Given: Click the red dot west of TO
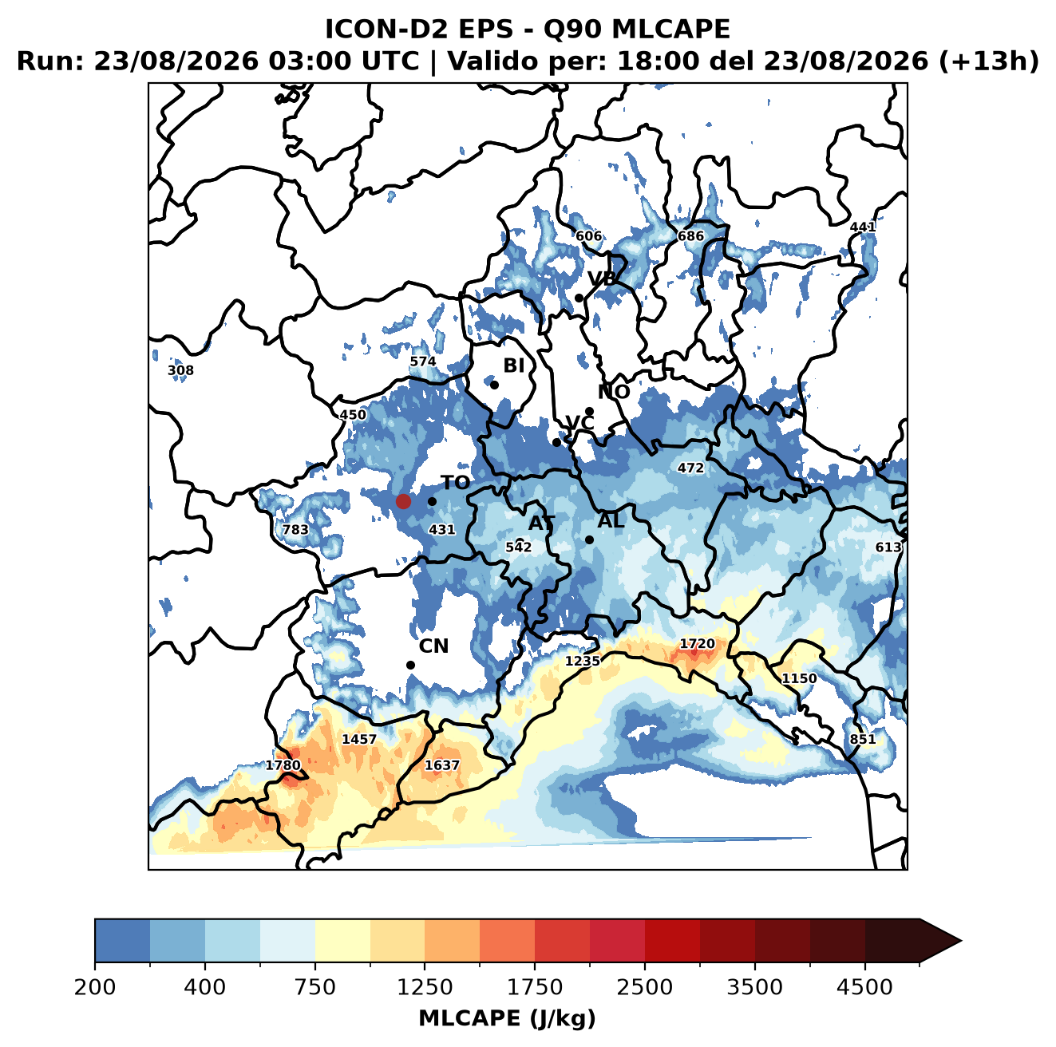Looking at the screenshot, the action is pyautogui.click(x=403, y=501).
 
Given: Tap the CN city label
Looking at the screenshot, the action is pyautogui.click(x=433, y=646).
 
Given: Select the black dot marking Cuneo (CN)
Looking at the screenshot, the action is pyautogui.click(x=410, y=665).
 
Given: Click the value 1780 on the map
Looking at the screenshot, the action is pyautogui.click(x=283, y=765).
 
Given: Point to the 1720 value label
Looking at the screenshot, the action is pyautogui.click(x=697, y=643).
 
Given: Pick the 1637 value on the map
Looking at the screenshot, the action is pyautogui.click(x=441, y=765).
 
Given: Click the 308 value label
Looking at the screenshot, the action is pyautogui.click(x=180, y=370).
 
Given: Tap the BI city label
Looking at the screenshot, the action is pyautogui.click(x=513, y=365).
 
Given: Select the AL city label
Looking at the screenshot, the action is pyautogui.click(x=611, y=520).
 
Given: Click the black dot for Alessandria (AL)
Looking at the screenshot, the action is pyautogui.click(x=589, y=539).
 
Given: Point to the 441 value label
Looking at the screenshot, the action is pyautogui.click(x=862, y=227).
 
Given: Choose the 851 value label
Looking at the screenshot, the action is pyautogui.click(x=863, y=739).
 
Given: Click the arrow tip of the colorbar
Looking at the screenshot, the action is pyautogui.click(x=961, y=942).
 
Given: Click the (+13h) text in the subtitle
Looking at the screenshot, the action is pyautogui.click(x=988, y=61).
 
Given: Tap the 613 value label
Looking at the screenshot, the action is pyautogui.click(x=888, y=547).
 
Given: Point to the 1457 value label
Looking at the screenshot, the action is pyautogui.click(x=359, y=739).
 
